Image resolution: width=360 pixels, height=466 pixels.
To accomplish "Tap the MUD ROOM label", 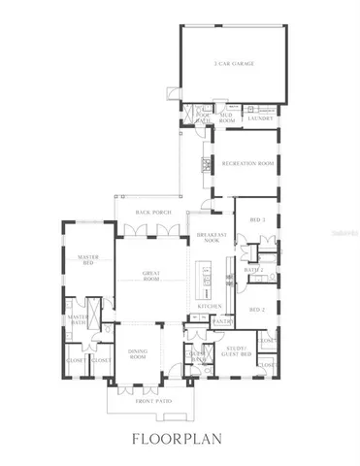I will tap(226, 117).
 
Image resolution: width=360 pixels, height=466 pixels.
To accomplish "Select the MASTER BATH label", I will tap(77, 319).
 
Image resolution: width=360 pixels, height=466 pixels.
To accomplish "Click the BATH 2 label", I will tap(255, 270).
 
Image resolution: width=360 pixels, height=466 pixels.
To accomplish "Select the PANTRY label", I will tap(222, 320).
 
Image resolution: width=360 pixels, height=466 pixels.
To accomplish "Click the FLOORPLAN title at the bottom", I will tap(180, 440).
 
